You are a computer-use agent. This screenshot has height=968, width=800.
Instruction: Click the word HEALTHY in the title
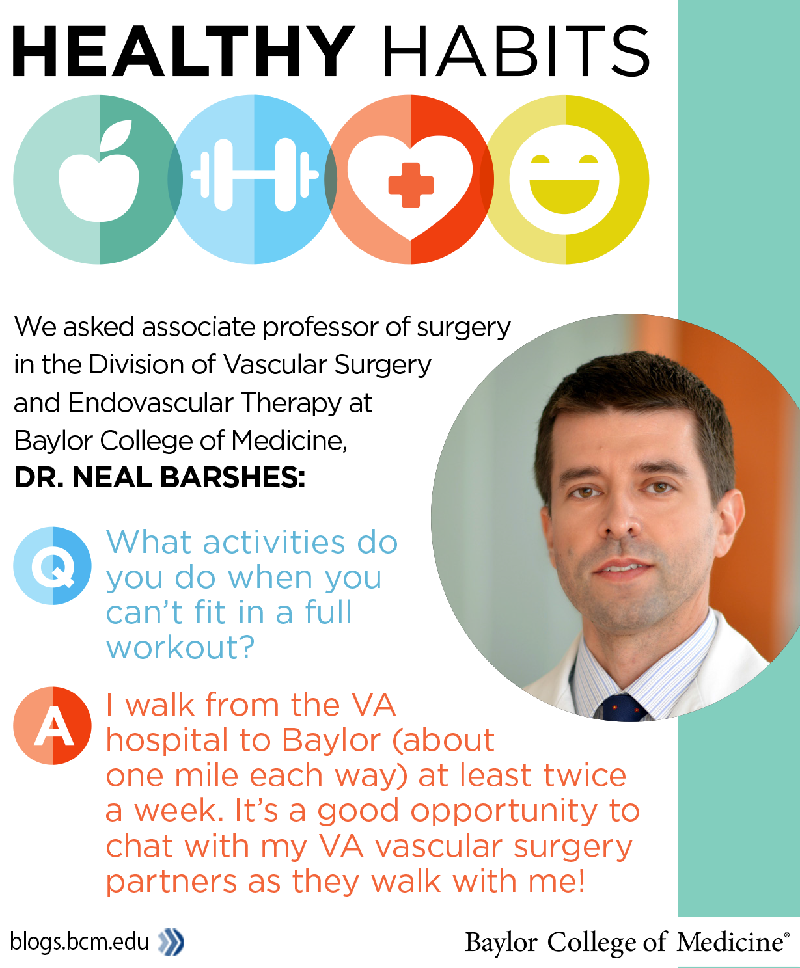(x=184, y=51)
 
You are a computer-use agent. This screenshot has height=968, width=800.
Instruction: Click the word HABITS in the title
(x=516, y=51)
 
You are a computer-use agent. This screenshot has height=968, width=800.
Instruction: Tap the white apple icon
(x=99, y=172)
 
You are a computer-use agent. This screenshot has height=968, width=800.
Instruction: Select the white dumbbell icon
(x=255, y=175)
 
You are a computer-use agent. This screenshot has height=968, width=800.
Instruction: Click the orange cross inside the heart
(x=411, y=185)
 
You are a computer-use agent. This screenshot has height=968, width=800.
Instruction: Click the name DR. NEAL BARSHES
(x=159, y=477)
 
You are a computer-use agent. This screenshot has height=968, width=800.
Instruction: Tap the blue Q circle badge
(x=53, y=565)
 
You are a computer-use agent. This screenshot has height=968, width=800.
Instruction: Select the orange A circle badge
(x=53, y=725)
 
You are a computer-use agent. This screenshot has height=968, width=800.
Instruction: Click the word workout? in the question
(x=180, y=647)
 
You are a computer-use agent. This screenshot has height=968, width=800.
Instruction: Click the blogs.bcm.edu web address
(x=79, y=942)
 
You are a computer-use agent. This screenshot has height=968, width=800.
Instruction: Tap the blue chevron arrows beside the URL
(x=171, y=943)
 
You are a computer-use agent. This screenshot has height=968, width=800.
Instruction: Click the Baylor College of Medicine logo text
(x=627, y=942)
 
